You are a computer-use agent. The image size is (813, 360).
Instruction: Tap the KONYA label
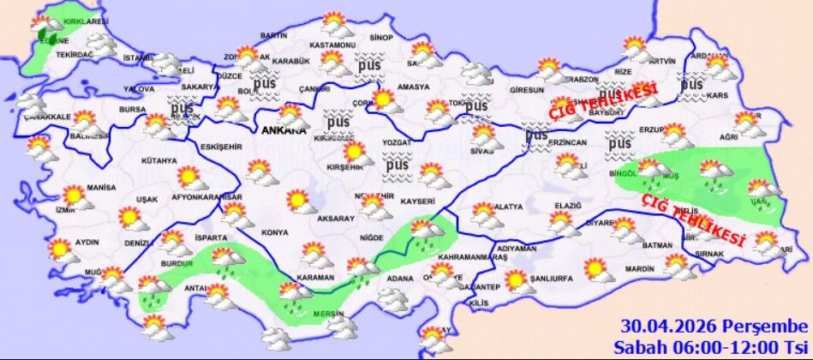tap(276, 232)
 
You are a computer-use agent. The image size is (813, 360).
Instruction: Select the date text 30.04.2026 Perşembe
tap(714, 327)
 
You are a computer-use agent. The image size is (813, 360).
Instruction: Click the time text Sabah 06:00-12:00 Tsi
tap(710, 346)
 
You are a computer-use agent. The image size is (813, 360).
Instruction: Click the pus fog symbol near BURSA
tap(182, 111)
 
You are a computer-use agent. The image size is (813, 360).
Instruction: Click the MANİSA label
tap(101, 187)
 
